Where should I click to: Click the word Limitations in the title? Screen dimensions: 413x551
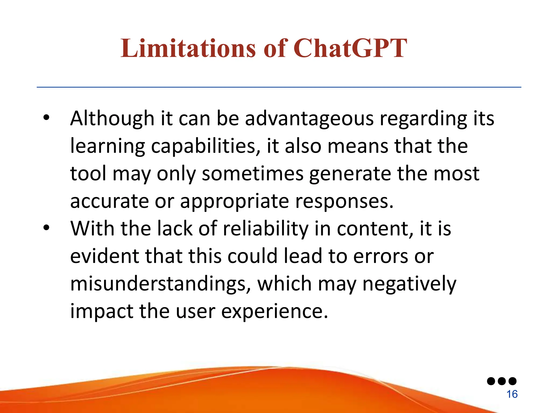(188, 48)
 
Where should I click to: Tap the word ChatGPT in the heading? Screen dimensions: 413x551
(350, 48)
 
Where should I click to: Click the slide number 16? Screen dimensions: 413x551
(512, 394)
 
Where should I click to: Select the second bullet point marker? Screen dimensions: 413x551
(46, 228)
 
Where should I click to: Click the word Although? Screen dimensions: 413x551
(112, 118)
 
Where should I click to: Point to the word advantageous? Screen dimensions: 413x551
(309, 119)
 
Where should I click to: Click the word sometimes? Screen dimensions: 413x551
(253, 173)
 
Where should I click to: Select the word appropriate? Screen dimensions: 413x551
(234, 202)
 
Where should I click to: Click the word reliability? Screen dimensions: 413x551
(266, 229)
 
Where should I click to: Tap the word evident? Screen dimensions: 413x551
(104, 256)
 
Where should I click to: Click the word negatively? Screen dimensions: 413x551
(409, 284)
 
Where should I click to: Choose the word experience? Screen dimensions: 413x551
(274, 312)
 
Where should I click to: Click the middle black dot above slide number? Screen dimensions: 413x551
(502, 381)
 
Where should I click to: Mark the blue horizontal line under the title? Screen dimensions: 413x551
(279, 87)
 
